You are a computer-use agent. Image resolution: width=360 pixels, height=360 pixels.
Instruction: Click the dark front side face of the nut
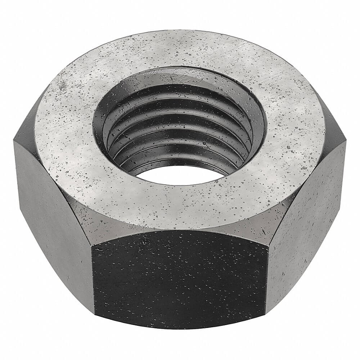(x=180, y=277)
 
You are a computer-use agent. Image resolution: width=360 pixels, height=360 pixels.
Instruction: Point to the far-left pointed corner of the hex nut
(x=14, y=140)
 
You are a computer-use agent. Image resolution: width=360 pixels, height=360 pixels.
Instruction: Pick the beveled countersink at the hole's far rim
(x=180, y=76)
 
